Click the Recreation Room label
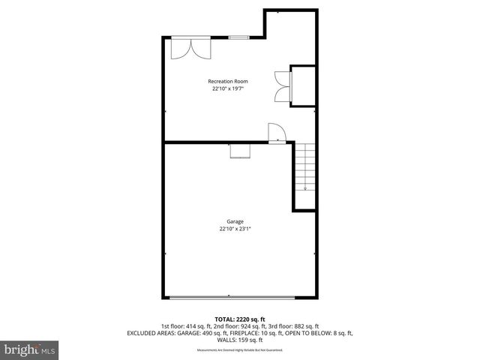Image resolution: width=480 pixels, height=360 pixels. (x=228, y=81)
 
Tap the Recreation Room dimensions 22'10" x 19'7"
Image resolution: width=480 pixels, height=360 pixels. (x=228, y=88)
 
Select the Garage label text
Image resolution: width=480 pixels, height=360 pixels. (x=235, y=222)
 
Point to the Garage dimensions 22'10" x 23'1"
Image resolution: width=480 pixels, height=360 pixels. (x=235, y=229)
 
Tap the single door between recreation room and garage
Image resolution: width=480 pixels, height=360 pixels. (x=276, y=132)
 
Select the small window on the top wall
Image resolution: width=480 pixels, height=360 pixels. (x=239, y=37)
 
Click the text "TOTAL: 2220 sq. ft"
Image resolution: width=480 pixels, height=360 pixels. (x=239, y=319)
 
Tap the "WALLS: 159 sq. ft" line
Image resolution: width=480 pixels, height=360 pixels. (x=240, y=340)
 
